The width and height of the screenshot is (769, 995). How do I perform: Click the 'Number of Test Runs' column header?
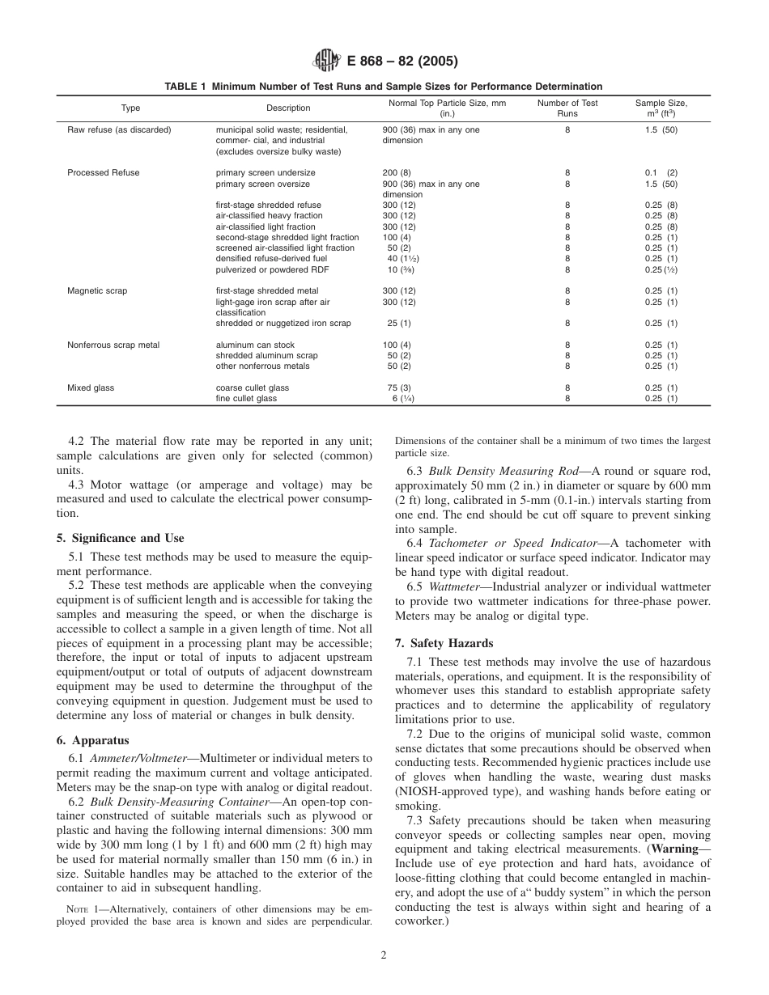[567, 108]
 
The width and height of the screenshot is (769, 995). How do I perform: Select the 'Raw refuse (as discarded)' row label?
[119, 129]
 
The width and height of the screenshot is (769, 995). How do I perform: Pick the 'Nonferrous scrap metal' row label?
[113, 345]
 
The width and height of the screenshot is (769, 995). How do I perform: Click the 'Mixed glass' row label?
[91, 387]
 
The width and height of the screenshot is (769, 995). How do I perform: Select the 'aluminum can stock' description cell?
[252, 345]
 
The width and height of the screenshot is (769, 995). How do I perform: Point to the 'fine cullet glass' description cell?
[246, 398]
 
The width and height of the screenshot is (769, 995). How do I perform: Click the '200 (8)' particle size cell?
[397, 173]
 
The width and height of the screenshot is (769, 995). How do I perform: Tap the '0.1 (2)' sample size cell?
[661, 173]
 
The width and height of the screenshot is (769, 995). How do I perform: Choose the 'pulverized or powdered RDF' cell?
[272, 269]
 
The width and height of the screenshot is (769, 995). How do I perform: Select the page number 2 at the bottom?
[384, 955]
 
